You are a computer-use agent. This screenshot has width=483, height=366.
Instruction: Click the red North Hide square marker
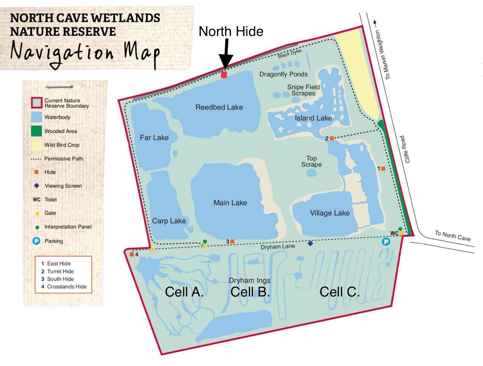(x=224, y=74)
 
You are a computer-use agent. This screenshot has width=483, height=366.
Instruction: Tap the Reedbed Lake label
(x=219, y=107)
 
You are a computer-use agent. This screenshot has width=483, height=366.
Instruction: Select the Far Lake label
(x=154, y=138)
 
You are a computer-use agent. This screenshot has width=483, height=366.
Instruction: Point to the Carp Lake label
(x=169, y=221)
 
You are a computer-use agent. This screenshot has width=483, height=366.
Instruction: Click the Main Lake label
(x=230, y=203)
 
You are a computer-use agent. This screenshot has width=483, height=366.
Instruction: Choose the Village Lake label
(x=330, y=213)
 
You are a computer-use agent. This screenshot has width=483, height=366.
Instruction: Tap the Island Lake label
(x=314, y=118)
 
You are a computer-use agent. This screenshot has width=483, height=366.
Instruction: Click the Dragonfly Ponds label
(x=283, y=74)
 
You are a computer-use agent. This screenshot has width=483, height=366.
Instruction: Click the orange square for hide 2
(x=332, y=138)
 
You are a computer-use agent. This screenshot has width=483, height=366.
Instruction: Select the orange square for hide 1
(x=383, y=169)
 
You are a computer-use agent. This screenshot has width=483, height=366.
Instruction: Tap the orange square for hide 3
(x=232, y=241)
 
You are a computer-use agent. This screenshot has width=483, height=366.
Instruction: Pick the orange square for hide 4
(x=132, y=254)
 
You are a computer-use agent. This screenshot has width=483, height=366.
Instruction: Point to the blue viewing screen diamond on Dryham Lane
(x=310, y=243)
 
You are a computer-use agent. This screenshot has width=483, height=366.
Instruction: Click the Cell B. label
(x=250, y=292)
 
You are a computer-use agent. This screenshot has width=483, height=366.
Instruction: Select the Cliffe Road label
(x=409, y=149)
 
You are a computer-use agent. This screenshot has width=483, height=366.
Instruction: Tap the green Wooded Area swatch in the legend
(x=37, y=131)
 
